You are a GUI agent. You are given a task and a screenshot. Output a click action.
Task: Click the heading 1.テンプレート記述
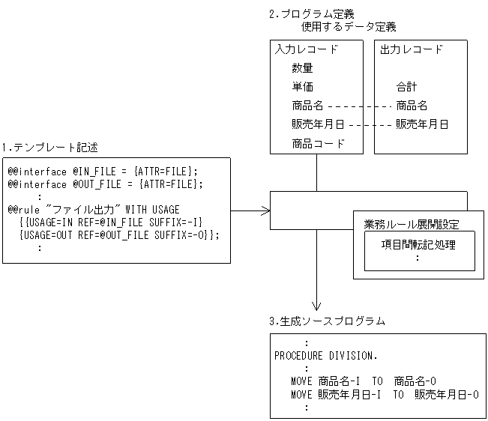[x=49, y=148]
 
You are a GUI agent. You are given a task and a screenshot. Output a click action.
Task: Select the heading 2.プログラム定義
[x=312, y=14]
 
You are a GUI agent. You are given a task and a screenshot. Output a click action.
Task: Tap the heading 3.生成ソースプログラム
[x=327, y=321]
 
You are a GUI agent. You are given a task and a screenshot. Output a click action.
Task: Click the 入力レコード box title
[x=307, y=49]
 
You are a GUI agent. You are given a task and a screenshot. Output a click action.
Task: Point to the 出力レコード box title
[x=411, y=49]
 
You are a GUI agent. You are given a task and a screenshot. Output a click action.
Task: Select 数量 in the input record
[x=302, y=67]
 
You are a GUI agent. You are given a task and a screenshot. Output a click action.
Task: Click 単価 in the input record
[x=302, y=86]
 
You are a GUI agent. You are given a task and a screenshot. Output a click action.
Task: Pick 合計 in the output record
[x=406, y=86]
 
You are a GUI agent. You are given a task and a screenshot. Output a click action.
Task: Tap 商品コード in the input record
[x=318, y=143]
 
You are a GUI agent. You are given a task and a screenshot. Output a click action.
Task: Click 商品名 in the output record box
[x=412, y=106]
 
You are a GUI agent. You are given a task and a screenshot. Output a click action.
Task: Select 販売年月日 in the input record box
[x=318, y=124]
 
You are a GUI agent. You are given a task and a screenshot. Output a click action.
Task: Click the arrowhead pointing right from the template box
[x=266, y=210]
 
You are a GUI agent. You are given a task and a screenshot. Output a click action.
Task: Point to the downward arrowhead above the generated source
[x=316, y=306]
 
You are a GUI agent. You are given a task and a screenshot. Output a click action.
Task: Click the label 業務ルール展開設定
[x=412, y=225]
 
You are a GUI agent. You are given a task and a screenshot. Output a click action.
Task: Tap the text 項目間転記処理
[x=418, y=245]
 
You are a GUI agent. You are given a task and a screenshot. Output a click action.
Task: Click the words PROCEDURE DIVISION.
[x=325, y=355]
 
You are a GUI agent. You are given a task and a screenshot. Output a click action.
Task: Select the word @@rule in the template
[x=24, y=210]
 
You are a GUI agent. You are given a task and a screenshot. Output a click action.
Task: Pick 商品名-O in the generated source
[x=415, y=381]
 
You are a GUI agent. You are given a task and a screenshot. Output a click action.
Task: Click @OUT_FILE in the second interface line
[x=97, y=184]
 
